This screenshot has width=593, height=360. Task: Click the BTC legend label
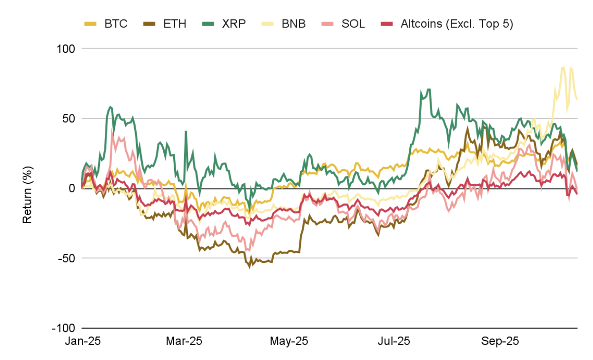click(116, 24)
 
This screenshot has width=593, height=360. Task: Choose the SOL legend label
click(353, 24)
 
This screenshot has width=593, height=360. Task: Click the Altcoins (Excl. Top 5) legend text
click(456, 24)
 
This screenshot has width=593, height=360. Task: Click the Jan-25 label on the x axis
click(81, 341)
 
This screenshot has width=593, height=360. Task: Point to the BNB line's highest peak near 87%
click(564, 67)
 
